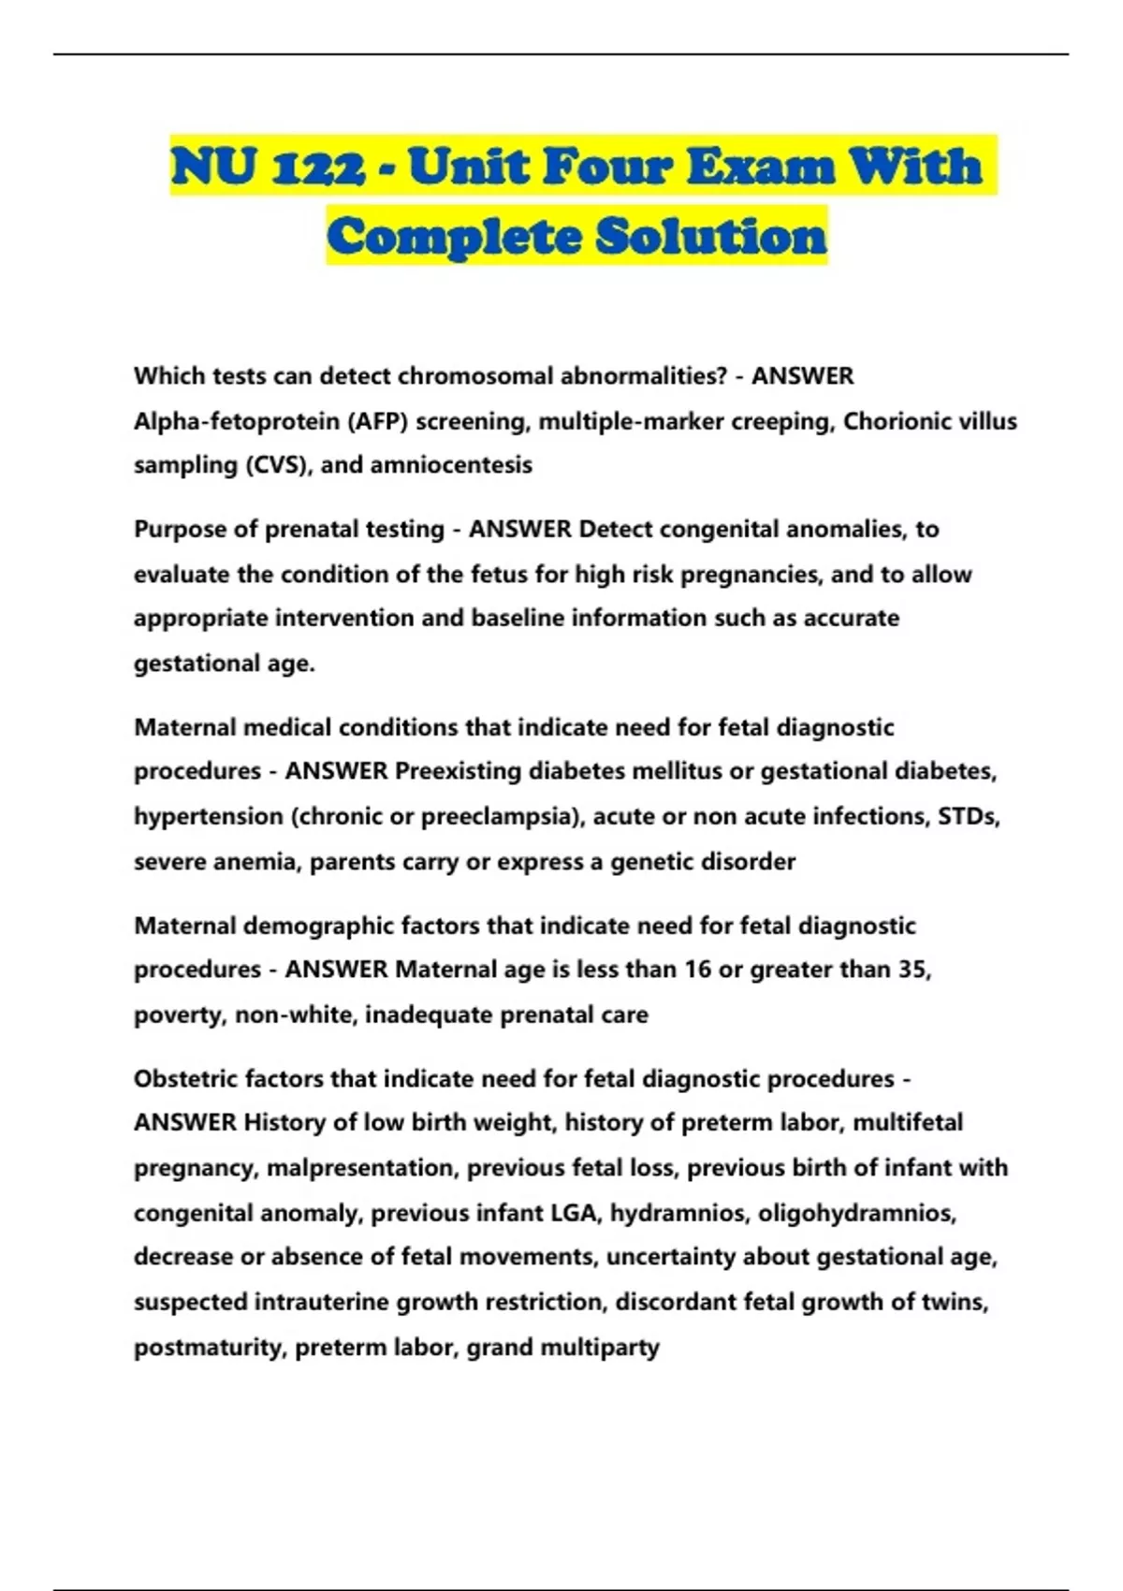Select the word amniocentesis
click(451, 465)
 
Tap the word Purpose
click(180, 530)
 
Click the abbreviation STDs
click(969, 816)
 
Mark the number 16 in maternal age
click(697, 970)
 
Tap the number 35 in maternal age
click(912, 970)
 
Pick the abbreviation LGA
click(575, 1213)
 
